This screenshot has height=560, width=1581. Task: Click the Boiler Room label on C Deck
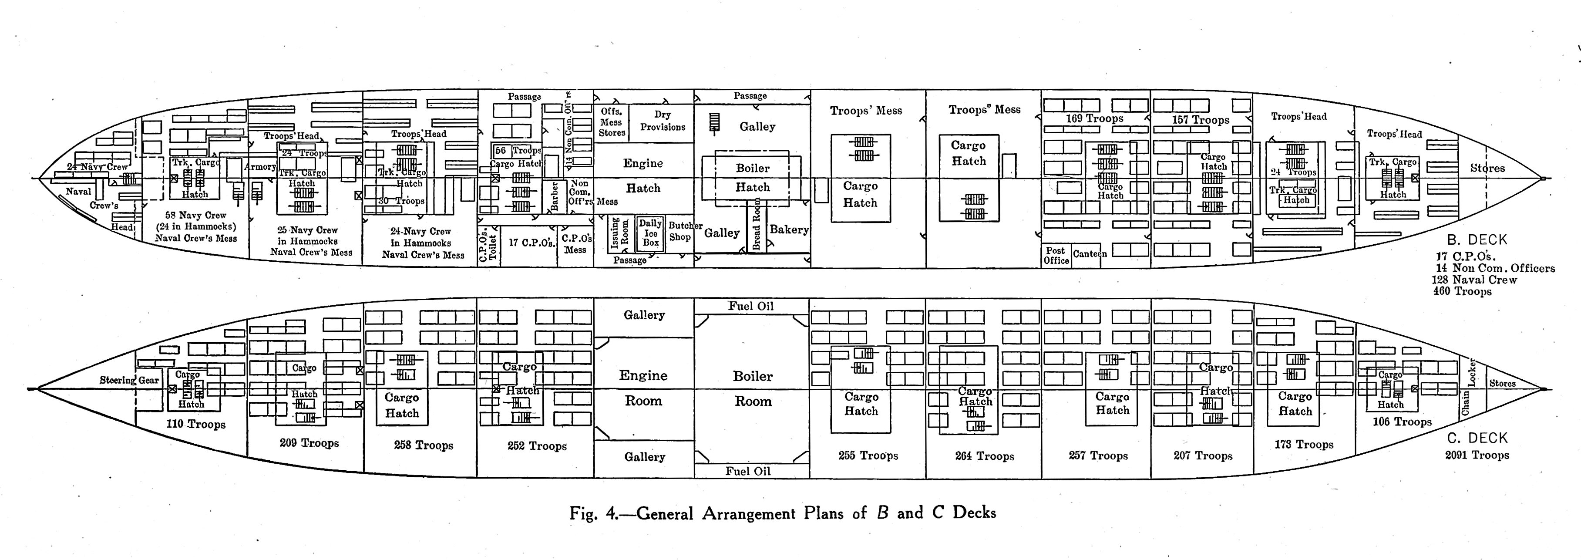coord(753,389)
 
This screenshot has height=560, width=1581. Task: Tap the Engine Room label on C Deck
coord(643,388)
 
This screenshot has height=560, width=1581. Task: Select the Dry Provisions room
coord(662,121)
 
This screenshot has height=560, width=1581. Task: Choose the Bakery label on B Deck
coord(789,229)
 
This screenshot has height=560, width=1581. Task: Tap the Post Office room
coord(1056,256)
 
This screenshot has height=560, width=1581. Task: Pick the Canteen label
coord(1090,253)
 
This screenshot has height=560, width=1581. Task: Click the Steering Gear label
coord(129,380)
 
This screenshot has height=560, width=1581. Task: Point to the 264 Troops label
coord(985,456)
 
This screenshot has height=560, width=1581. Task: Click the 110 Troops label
coord(196,424)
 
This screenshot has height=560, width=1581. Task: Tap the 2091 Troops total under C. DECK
coord(1477,455)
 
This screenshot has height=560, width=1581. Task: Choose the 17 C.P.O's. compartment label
coord(531,243)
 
